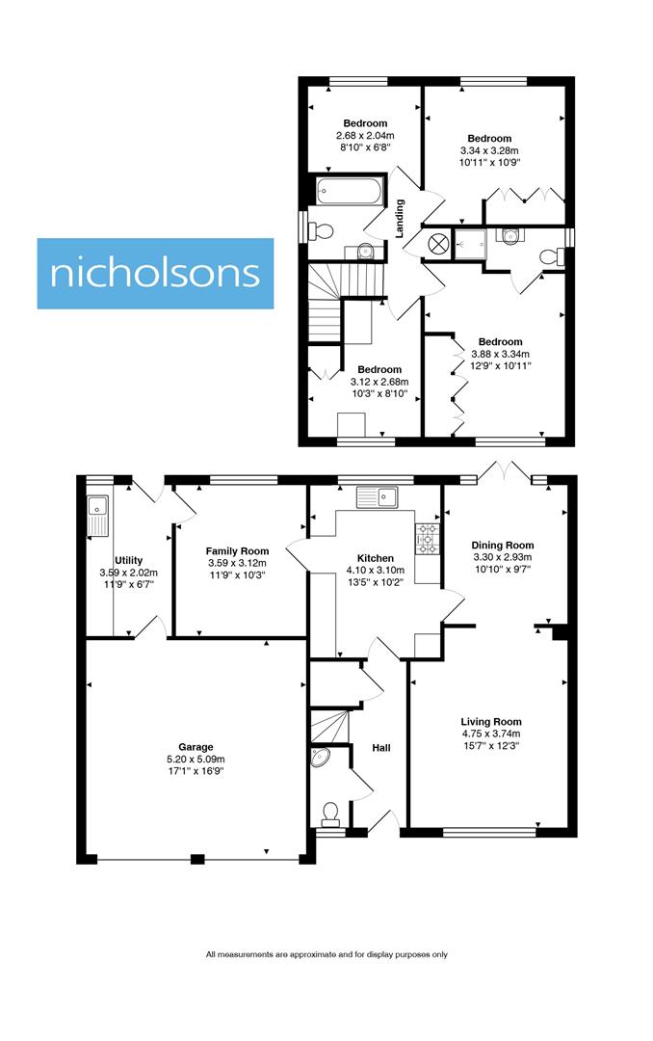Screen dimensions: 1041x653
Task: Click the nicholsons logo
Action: click(155, 273)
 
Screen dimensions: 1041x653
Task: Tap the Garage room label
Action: click(196, 746)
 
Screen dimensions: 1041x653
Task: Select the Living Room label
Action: click(490, 721)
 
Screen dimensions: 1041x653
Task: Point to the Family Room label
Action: click(236, 550)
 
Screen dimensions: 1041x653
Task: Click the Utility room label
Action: click(128, 560)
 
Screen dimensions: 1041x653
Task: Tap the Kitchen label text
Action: click(375, 558)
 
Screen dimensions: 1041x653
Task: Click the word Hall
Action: click(381, 747)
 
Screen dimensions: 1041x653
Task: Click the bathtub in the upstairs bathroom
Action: click(350, 190)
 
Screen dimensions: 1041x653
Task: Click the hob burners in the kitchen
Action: click(428, 539)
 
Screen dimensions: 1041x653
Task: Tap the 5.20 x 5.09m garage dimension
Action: click(196, 759)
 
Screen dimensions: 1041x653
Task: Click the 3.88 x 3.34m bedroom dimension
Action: click(500, 354)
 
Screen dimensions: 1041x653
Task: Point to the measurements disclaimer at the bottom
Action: click(326, 954)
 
